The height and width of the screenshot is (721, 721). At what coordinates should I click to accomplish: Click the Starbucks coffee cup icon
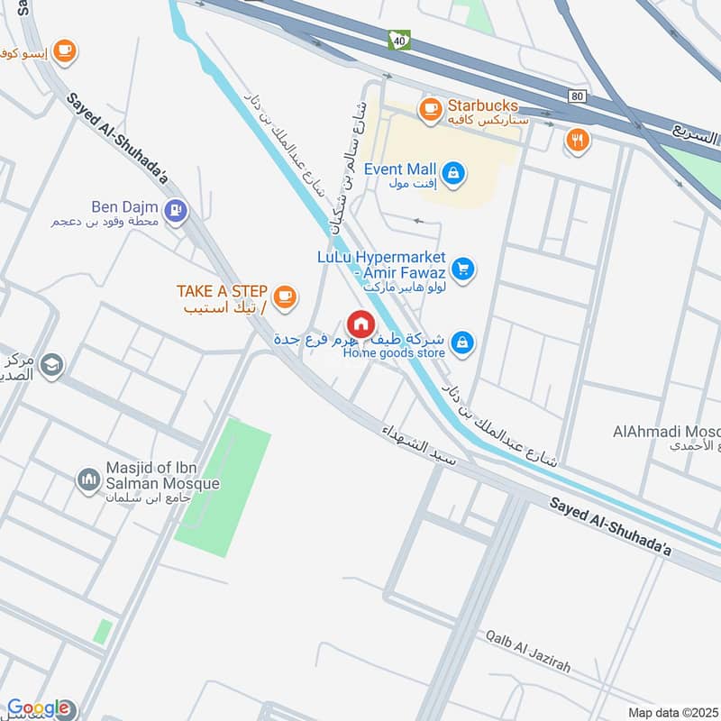tap(429, 109)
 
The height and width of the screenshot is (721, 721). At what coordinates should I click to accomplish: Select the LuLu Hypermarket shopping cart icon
tap(462, 269)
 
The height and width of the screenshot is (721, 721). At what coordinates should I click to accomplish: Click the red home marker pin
tap(360, 325)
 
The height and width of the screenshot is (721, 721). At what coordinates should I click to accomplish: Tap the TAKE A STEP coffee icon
tap(285, 296)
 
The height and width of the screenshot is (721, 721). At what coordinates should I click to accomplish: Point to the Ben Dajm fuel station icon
tap(177, 210)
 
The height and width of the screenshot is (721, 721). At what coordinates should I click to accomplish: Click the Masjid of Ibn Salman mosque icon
tap(88, 479)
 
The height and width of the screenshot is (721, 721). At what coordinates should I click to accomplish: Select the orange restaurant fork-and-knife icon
tap(577, 140)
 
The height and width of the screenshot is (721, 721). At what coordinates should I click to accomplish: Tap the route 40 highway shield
tap(397, 40)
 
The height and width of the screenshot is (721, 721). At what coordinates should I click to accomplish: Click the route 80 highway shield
tap(577, 96)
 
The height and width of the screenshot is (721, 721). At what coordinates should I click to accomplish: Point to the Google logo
tap(38, 708)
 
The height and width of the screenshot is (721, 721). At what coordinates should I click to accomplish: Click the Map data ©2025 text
tap(671, 712)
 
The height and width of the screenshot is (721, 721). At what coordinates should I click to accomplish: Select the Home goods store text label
tap(394, 353)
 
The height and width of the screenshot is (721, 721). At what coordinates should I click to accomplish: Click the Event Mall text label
tap(399, 169)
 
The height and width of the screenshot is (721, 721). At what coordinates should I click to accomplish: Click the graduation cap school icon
tap(52, 365)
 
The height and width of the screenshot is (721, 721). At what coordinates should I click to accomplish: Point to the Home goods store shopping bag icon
tap(462, 343)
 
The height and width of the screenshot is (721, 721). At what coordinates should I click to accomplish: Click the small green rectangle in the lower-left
tap(104, 631)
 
